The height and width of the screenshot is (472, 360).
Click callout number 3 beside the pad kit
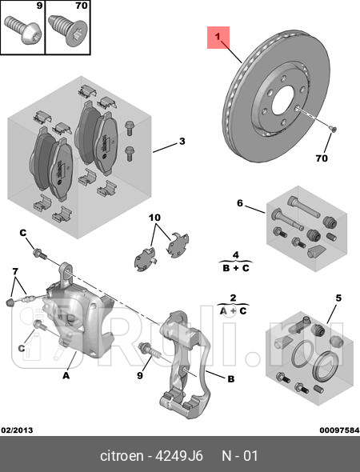coord(182,142)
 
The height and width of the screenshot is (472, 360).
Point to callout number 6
coord(238,203)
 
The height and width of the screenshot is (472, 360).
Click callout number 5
coord(338,298)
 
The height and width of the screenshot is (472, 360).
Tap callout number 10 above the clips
coord(154,218)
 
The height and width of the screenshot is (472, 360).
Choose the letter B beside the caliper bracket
coord(230,379)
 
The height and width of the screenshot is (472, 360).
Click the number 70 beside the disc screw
coord(321,158)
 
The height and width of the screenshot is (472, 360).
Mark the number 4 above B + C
coord(235,254)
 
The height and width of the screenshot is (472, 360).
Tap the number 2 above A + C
coord(233,297)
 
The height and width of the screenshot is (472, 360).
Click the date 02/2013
coord(18,430)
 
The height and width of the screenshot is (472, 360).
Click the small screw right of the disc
coord(333,128)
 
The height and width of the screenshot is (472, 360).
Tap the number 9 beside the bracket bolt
coord(138,374)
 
